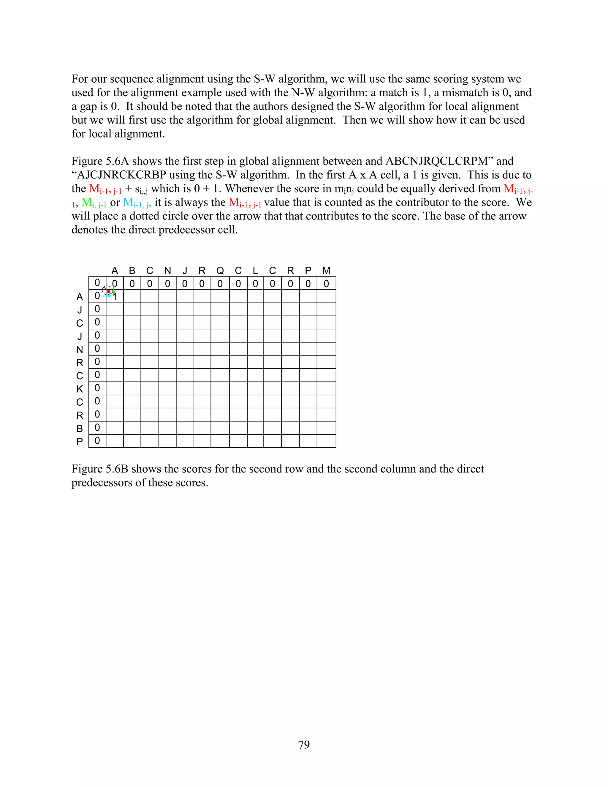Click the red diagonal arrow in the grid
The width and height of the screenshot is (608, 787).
click(108, 290)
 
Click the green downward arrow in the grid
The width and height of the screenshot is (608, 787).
click(113, 290)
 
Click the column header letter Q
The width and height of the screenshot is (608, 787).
click(220, 271)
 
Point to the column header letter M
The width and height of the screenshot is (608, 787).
click(326, 271)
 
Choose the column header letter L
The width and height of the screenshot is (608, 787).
click(255, 271)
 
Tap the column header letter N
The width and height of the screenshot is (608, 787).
click(167, 271)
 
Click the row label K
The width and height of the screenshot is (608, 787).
click(80, 389)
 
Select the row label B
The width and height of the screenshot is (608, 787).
click(80, 429)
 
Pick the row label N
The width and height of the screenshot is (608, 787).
click(80, 350)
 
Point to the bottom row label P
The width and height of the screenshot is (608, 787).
click(80, 442)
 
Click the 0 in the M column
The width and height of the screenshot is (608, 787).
click(326, 284)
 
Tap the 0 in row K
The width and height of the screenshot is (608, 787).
click(97, 388)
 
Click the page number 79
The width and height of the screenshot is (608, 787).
click(304, 745)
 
